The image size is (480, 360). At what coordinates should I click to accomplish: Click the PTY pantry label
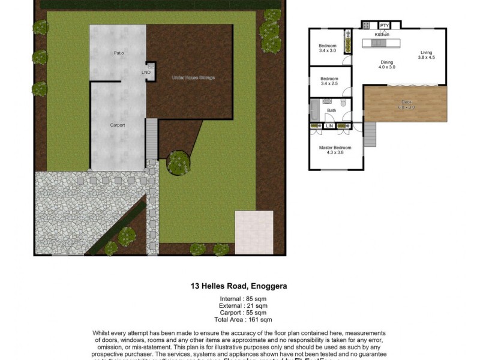point(385,25)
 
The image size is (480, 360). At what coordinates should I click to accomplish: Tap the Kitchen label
point(382,35)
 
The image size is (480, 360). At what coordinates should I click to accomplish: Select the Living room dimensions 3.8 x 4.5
point(426,56)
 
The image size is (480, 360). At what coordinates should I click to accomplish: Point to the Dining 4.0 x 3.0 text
point(386,64)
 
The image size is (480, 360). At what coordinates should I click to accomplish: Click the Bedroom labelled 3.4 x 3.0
point(328,49)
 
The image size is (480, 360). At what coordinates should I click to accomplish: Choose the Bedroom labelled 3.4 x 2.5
point(329,81)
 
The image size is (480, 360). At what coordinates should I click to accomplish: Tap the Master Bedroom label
point(335,150)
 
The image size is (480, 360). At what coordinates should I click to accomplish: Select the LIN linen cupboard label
point(329,126)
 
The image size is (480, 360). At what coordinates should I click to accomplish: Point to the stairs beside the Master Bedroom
point(370,134)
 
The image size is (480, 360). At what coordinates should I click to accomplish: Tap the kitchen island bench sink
point(384,44)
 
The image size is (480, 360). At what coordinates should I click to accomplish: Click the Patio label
point(119,53)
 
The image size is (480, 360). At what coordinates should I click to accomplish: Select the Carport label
point(118,125)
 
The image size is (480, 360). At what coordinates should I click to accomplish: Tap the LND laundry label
point(146,73)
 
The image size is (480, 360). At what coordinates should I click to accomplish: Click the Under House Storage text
point(193,77)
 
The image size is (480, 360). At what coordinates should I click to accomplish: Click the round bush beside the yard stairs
point(178,162)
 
